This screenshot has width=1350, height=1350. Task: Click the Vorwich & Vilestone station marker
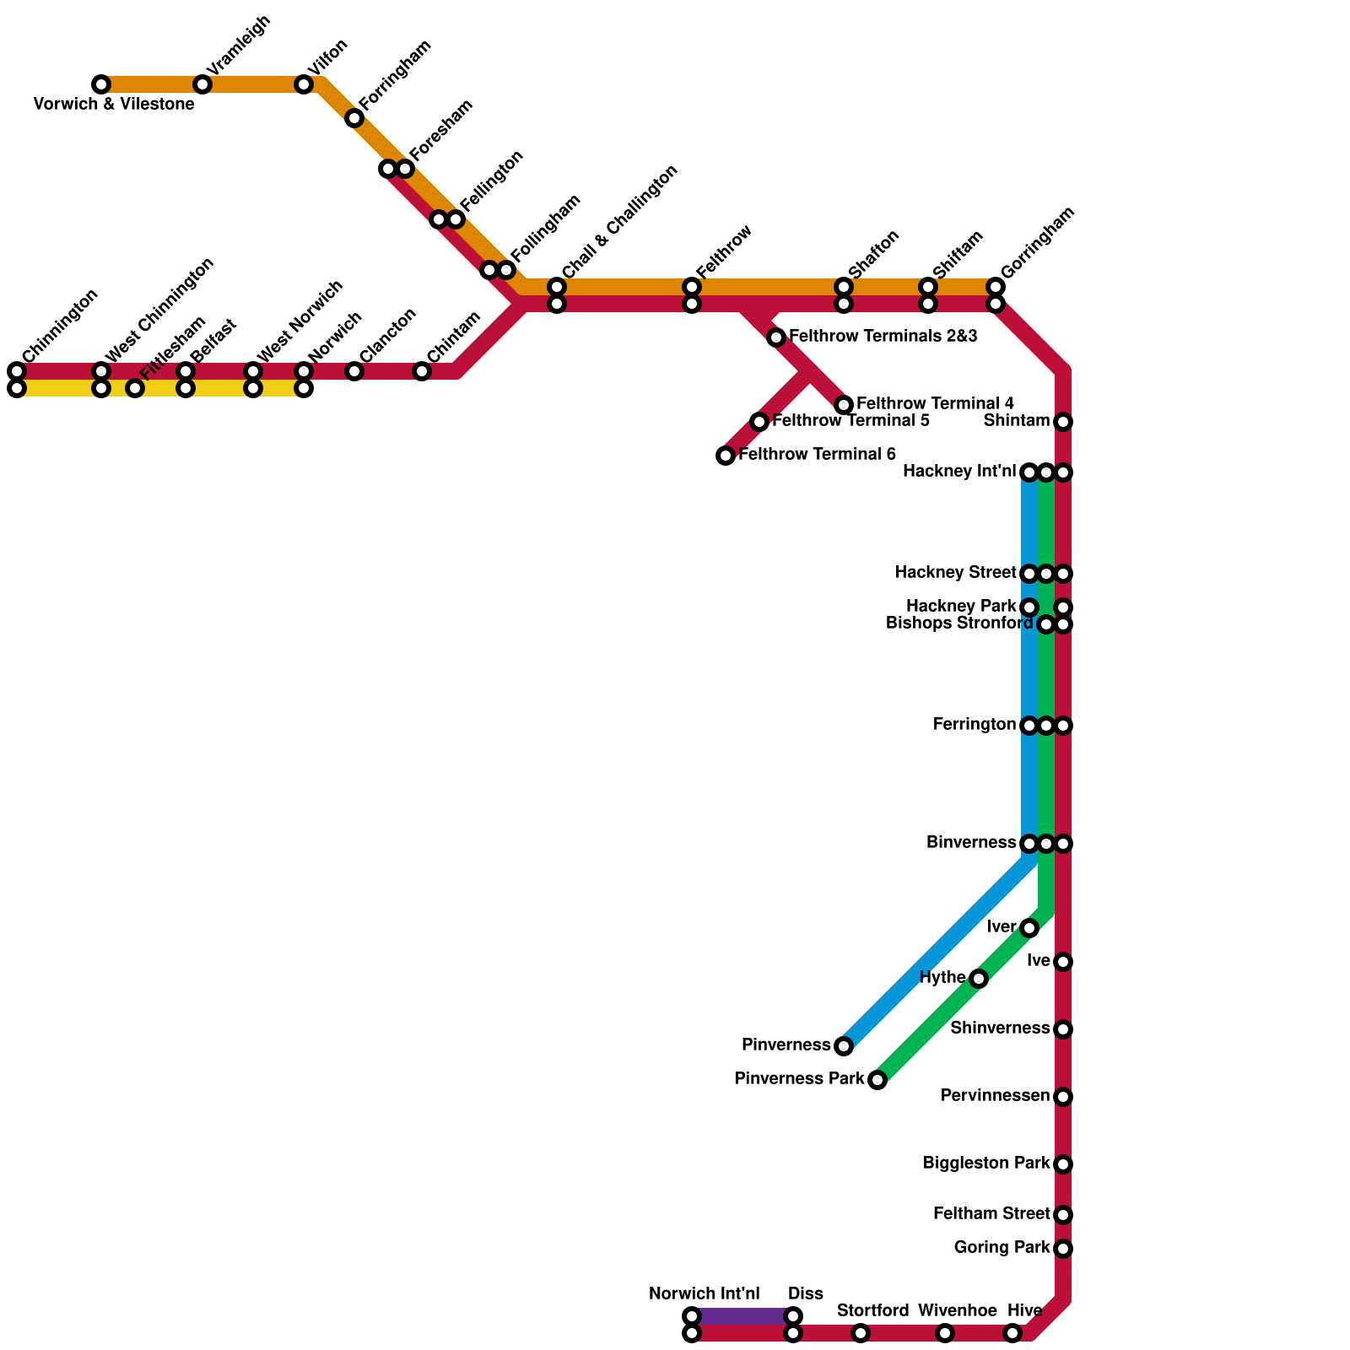click(x=101, y=84)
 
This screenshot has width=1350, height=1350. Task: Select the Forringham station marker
click(x=354, y=118)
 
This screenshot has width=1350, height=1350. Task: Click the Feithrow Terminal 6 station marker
click(x=726, y=456)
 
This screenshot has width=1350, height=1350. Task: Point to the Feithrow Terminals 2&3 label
click(x=883, y=337)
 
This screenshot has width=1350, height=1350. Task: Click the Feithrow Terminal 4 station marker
click(x=844, y=405)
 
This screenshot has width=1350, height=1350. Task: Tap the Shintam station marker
click(x=1063, y=422)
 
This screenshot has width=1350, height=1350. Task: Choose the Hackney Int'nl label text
click(x=959, y=472)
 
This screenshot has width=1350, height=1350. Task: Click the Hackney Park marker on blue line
click(x=1029, y=607)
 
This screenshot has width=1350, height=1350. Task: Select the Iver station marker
click(x=1029, y=928)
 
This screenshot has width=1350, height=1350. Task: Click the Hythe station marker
click(x=979, y=979)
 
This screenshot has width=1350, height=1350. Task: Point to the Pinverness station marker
click(x=844, y=1046)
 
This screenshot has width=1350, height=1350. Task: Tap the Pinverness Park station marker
click(x=877, y=1080)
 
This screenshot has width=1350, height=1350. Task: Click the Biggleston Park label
click(x=986, y=1164)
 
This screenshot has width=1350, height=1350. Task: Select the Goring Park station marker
click(x=1063, y=1249)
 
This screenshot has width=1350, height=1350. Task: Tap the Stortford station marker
click(x=861, y=1333)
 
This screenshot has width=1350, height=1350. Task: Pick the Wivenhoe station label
click(x=957, y=1310)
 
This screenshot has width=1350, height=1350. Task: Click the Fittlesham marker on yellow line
click(x=135, y=388)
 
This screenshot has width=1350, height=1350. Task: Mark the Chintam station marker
click(x=422, y=371)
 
